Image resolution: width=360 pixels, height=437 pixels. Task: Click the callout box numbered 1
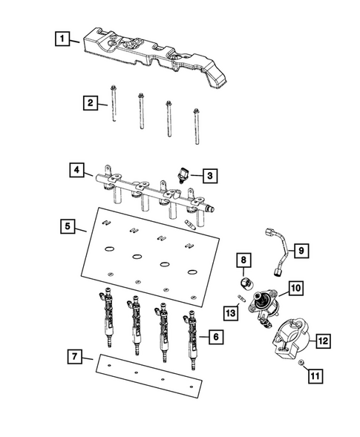(63, 36)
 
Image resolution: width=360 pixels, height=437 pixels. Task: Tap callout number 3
(211, 176)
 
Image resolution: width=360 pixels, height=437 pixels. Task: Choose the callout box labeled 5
(67, 225)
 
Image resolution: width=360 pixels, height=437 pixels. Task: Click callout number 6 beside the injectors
(215, 337)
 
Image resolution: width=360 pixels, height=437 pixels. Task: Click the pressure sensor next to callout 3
(182, 174)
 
